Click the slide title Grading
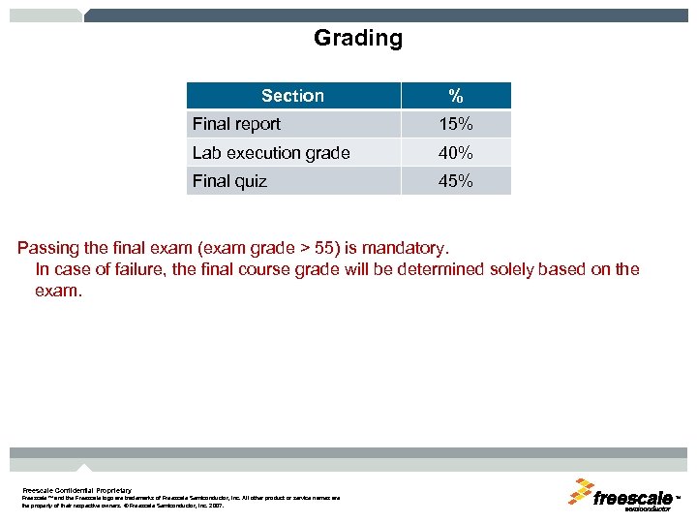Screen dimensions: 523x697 coord(357,39)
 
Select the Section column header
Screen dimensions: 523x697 coord(292,96)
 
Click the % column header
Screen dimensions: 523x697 coord(455,96)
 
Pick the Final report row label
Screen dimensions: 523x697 coord(236,124)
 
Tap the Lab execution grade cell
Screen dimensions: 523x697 coord(271,153)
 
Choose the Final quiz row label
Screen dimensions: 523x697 coord(229,181)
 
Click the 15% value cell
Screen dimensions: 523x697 coord(455,124)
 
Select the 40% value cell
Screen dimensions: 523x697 coord(455,153)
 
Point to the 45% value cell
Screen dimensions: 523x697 coord(455,181)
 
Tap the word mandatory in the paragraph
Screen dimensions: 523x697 coord(406,248)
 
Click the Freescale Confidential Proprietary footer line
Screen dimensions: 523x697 coord(76,490)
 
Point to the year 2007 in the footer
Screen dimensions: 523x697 coord(215,506)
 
